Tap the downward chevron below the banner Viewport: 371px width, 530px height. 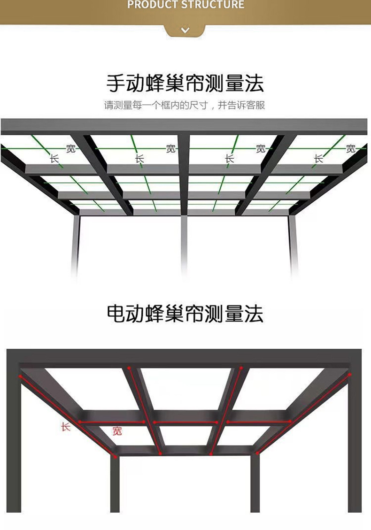pos(185,31)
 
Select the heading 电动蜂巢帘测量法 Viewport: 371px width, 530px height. pos(185,313)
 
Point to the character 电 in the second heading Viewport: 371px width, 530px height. pos(116,313)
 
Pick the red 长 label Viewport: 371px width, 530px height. pos(65,427)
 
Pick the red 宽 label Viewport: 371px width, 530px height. pos(117,431)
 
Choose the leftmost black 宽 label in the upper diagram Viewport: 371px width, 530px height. pos(70,149)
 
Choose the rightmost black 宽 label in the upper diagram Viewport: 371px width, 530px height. pos(351,149)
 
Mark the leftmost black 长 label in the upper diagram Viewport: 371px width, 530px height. pos(55,159)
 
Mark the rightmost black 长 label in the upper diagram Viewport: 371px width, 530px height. pos(319,159)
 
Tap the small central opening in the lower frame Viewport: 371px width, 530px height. pos(186,435)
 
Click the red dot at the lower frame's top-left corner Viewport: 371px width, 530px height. pos(20,376)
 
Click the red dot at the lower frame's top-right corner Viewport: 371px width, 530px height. pos(350,374)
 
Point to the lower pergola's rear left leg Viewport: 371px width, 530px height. pos(115,484)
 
